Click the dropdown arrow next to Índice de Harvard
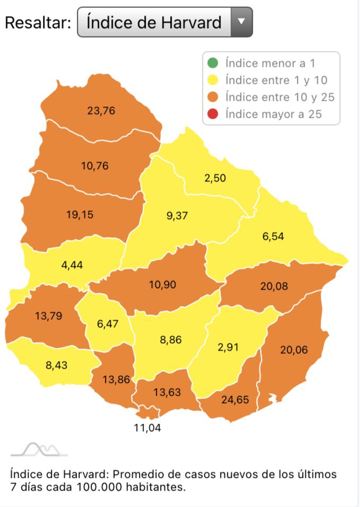(241, 22)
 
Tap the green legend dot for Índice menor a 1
(213, 64)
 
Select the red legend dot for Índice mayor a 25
(213, 113)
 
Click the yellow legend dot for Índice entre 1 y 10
(213, 81)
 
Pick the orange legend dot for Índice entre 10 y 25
(213, 97)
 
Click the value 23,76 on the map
(101, 111)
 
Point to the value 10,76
(95, 165)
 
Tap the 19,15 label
(80, 215)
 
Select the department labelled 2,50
(215, 178)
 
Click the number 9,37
(177, 215)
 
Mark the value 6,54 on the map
(273, 237)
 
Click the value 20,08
(274, 286)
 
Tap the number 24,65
(235, 399)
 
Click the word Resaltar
(37, 23)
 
